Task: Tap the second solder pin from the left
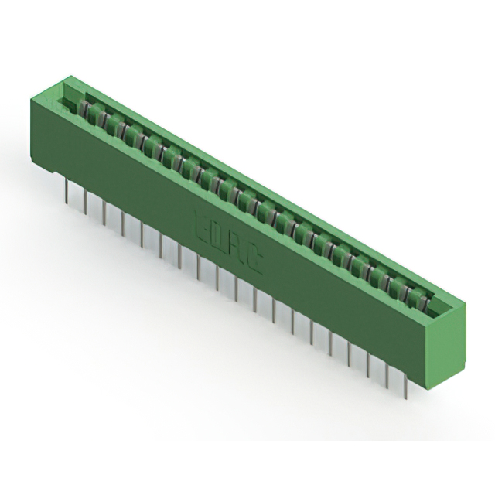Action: coord(86,202)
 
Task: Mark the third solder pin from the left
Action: coord(104,212)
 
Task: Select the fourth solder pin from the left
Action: coord(123,222)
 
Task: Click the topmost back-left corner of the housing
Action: coord(68,76)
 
